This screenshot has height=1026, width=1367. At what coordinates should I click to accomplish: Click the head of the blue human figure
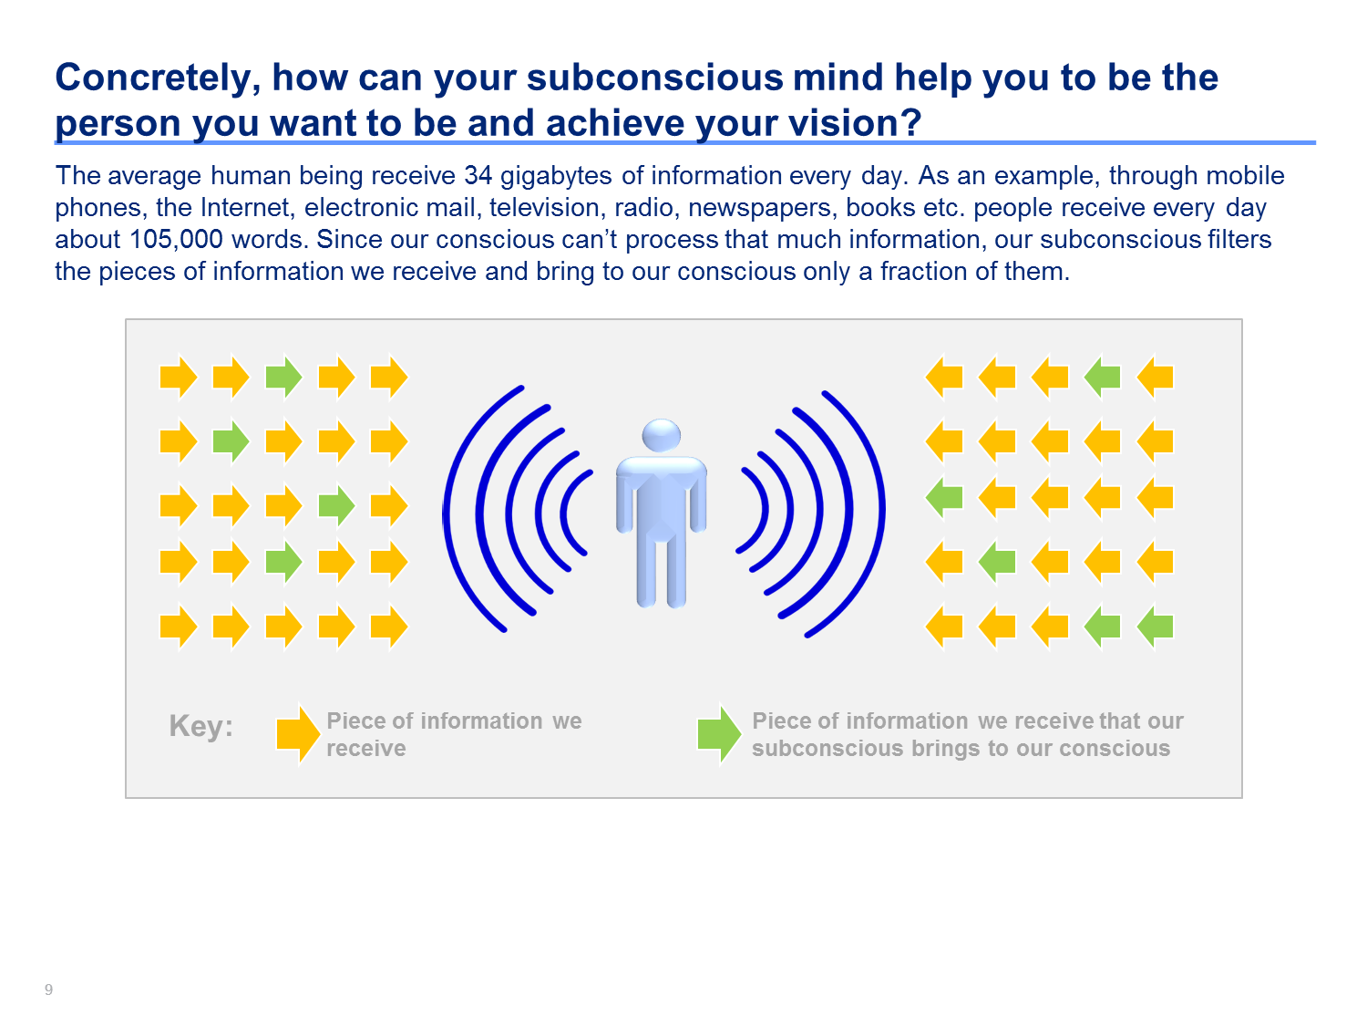point(661,434)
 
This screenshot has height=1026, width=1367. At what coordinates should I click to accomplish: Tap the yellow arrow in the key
point(298,733)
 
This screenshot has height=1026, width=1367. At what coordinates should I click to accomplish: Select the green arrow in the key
point(719,733)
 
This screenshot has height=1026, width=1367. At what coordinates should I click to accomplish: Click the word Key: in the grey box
point(201,726)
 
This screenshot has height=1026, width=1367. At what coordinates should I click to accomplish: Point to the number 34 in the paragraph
point(478,176)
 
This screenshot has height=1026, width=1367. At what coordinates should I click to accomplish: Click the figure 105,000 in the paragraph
point(176,240)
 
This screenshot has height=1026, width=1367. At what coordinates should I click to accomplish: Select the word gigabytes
point(556,177)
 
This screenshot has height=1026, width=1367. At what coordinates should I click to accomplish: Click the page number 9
point(48,990)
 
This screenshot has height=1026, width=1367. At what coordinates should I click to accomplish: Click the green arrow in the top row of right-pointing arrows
point(283,377)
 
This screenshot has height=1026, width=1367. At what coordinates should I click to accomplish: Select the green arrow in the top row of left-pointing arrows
point(1103,377)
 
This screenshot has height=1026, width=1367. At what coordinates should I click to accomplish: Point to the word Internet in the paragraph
point(247,208)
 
